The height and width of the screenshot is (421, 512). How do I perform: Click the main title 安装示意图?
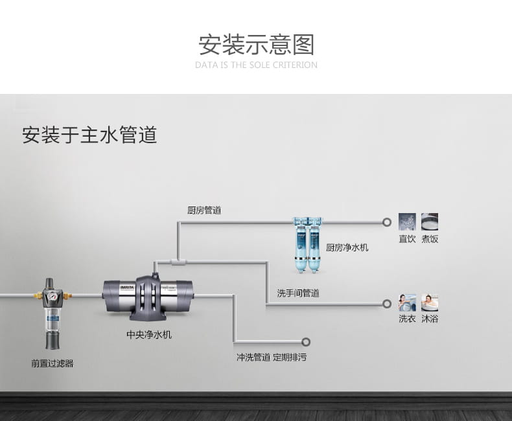256,45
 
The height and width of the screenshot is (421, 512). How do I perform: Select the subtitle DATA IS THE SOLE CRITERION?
256,65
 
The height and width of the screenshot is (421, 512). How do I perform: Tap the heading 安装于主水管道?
89,135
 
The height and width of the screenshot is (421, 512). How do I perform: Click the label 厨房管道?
204,210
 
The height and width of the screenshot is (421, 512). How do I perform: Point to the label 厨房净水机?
347,247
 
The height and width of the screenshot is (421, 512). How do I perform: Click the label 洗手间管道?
298,293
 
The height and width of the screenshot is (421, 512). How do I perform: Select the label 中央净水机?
149,336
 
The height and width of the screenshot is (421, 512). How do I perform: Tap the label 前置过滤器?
52,363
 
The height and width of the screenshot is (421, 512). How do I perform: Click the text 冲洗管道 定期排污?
272,357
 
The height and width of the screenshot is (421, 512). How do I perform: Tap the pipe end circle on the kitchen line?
387,222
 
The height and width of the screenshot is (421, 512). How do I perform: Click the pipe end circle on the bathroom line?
387,303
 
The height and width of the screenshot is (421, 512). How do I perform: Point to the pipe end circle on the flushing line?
306,342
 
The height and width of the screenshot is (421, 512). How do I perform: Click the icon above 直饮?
407,222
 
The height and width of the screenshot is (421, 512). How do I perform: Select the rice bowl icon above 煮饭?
430,222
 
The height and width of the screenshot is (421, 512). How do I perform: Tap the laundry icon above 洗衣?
407,302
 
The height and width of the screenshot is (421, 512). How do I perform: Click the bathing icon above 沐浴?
430,302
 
